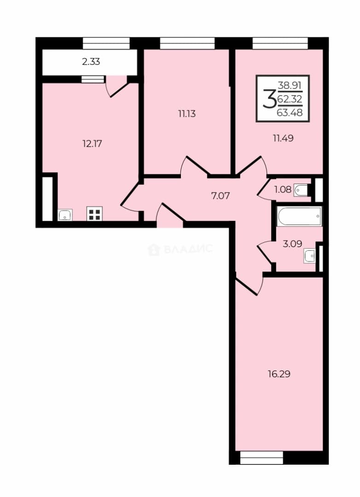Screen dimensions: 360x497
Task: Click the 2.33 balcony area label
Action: [x=91, y=62]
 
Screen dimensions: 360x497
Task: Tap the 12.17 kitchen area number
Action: [x=92, y=144]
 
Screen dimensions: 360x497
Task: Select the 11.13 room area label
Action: [x=187, y=114]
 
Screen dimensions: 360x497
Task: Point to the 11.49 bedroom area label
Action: [x=283, y=138]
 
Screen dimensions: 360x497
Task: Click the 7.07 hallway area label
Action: [x=221, y=196]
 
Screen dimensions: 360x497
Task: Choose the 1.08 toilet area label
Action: [x=283, y=190]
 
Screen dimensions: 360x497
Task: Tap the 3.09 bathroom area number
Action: [x=292, y=243]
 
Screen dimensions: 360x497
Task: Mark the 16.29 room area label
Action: [x=279, y=374]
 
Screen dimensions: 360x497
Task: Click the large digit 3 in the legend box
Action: [x=269, y=99]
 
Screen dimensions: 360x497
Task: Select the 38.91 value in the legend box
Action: [x=290, y=85]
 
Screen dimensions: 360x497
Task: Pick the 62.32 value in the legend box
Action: [x=290, y=99]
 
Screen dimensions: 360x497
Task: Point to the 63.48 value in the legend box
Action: [x=290, y=112]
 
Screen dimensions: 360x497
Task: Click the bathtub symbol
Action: [x=299, y=216]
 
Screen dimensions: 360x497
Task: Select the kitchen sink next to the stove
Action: [x=65, y=215]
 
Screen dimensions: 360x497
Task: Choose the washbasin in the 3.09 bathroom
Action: [x=310, y=255]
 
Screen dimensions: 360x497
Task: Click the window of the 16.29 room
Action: [x=261, y=458]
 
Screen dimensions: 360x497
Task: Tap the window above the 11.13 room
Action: [x=187, y=43]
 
